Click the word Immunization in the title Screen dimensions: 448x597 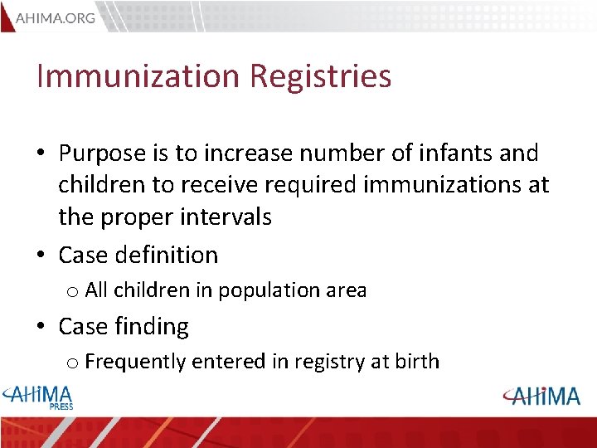click(x=136, y=76)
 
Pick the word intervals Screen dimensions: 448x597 click(x=226, y=217)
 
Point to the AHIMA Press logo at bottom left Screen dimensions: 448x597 click(x=39, y=396)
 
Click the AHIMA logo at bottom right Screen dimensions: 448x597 click(x=541, y=396)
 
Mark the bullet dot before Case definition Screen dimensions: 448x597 click(x=41, y=256)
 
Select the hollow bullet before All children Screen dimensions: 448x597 click(x=72, y=292)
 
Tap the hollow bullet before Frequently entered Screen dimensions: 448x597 click(x=72, y=363)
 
